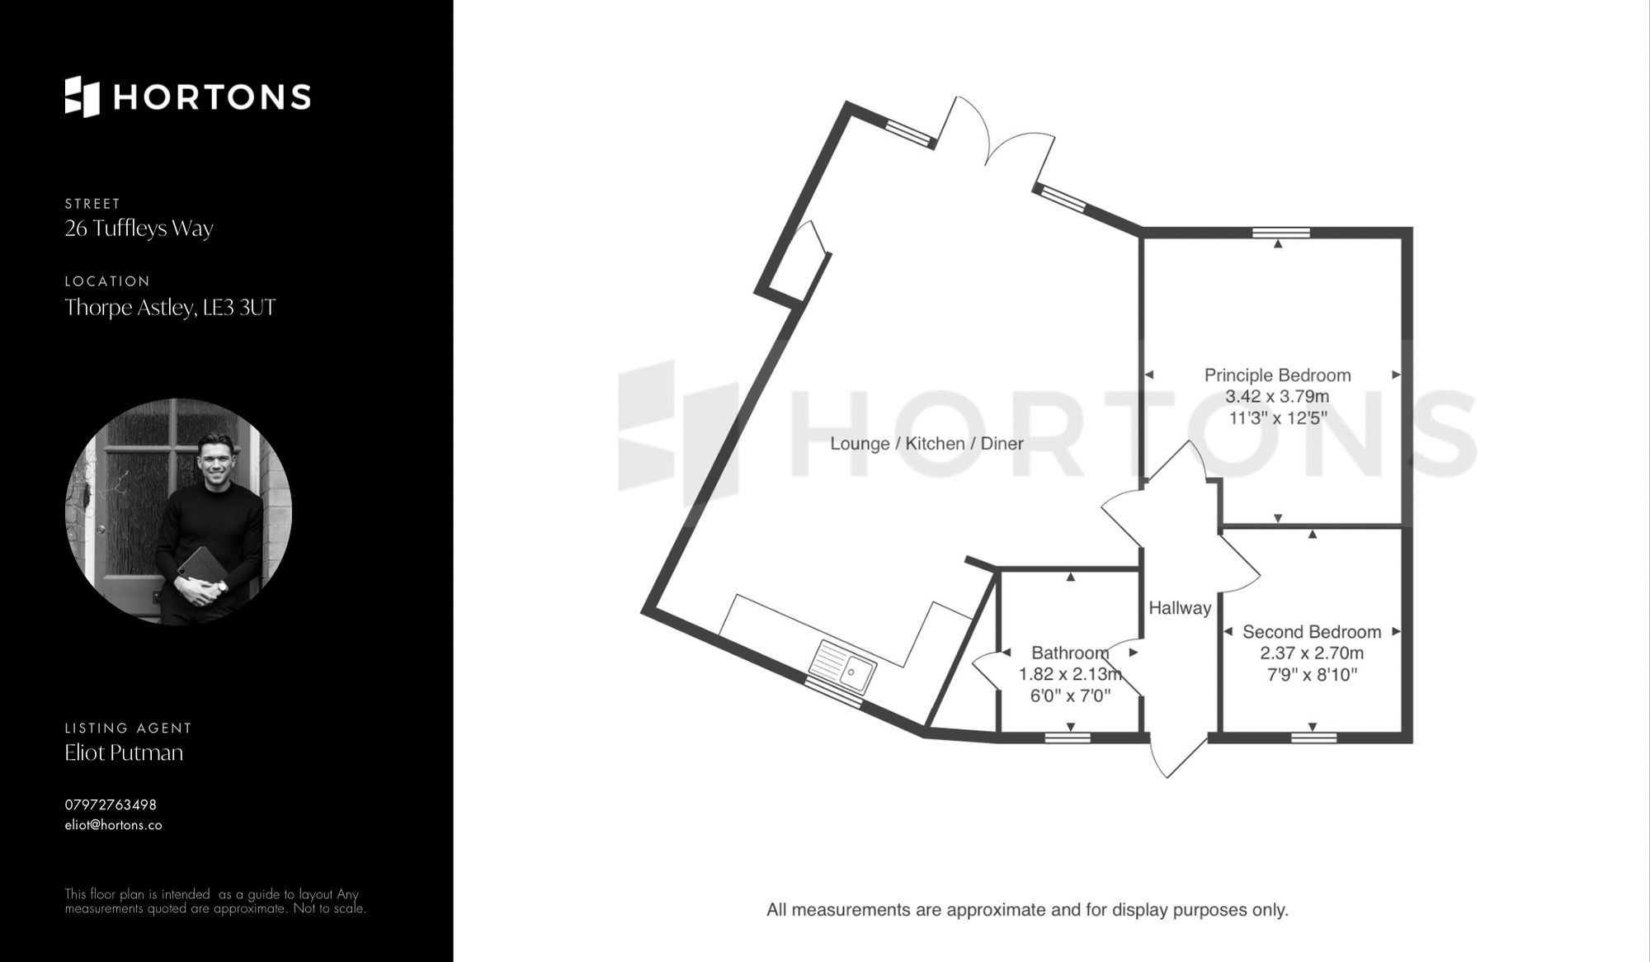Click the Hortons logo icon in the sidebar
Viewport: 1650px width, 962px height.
coord(82,97)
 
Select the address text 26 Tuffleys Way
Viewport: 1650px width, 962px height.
coord(139,229)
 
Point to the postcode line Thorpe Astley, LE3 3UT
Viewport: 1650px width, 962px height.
coord(170,308)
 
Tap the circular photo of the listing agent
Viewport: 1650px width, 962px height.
coord(178,512)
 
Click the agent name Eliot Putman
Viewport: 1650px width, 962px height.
coord(124,752)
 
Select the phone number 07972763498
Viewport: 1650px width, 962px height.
coord(111,804)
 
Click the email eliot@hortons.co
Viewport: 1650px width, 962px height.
coord(113,825)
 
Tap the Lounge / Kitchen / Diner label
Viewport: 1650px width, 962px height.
coord(926,444)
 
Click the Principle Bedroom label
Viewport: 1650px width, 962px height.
coord(1277,375)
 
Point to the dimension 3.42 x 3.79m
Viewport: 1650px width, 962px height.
coord(1277,397)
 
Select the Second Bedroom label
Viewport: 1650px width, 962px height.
coord(1312,632)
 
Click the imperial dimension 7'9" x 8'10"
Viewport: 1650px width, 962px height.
coord(1312,675)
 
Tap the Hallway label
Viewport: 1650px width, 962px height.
coord(1180,608)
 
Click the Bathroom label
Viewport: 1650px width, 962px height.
coord(1070,653)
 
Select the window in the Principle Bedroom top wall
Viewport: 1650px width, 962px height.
coord(1280,233)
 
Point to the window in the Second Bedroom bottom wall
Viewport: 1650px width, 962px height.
coord(1313,737)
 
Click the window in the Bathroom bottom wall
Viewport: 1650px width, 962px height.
coord(1068,737)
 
